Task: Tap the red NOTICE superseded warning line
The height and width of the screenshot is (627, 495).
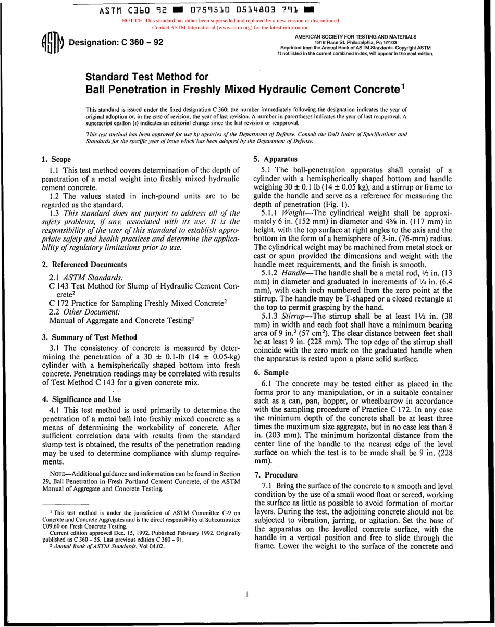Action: (231, 21)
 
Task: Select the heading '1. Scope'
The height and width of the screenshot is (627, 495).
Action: (56, 159)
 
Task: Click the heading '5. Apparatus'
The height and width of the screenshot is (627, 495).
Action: (276, 159)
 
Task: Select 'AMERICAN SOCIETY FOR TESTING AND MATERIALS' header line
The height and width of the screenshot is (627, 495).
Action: (355, 37)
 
